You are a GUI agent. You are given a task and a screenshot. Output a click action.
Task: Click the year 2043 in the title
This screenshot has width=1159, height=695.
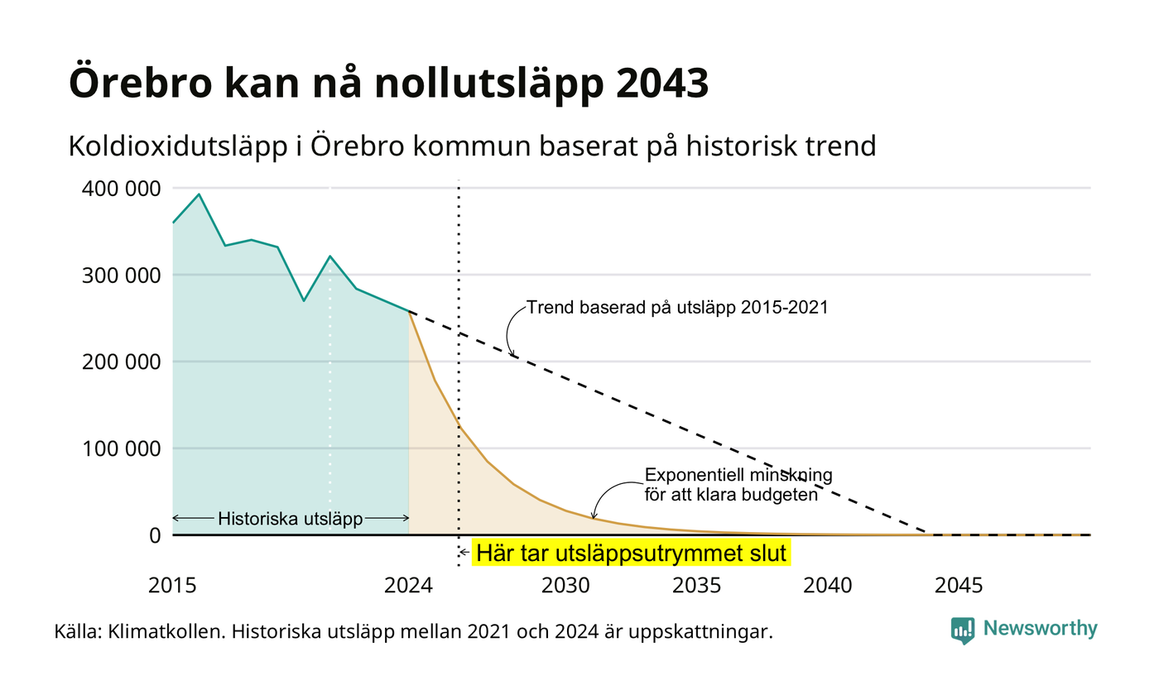(x=661, y=83)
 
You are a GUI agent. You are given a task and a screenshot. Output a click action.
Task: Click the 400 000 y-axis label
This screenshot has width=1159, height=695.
(x=122, y=189)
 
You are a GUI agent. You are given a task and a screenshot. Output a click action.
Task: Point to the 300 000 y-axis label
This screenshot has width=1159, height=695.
(x=122, y=276)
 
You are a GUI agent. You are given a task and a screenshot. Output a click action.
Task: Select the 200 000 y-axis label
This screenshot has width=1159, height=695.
(x=122, y=362)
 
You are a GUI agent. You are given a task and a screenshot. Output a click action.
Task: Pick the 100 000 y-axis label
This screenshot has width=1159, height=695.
(x=122, y=448)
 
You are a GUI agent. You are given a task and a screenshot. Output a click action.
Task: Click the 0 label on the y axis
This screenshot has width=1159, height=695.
(x=156, y=536)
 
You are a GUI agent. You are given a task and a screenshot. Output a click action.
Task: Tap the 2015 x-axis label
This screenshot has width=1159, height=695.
(x=172, y=586)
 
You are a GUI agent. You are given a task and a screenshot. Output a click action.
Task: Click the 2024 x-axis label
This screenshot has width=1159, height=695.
(x=408, y=586)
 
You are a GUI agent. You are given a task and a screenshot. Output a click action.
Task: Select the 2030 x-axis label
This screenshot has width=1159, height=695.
(x=565, y=586)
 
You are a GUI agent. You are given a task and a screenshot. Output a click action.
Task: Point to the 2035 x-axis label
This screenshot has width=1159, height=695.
(x=696, y=586)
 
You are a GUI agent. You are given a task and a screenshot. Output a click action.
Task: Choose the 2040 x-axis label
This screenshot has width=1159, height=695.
(x=827, y=586)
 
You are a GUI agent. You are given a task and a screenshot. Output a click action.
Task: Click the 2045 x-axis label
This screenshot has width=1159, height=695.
(x=959, y=586)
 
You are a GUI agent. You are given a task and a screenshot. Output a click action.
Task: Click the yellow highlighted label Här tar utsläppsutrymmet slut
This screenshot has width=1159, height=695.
(x=631, y=553)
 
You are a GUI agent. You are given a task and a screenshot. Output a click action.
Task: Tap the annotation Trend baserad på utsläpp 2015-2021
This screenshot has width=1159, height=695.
(x=677, y=308)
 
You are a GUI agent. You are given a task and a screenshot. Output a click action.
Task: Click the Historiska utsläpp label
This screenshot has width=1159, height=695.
(x=291, y=519)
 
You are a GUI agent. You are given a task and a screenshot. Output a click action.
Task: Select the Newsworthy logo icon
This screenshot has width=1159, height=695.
(x=962, y=630)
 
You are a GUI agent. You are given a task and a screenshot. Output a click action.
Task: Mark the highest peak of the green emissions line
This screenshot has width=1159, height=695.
(x=200, y=194)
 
